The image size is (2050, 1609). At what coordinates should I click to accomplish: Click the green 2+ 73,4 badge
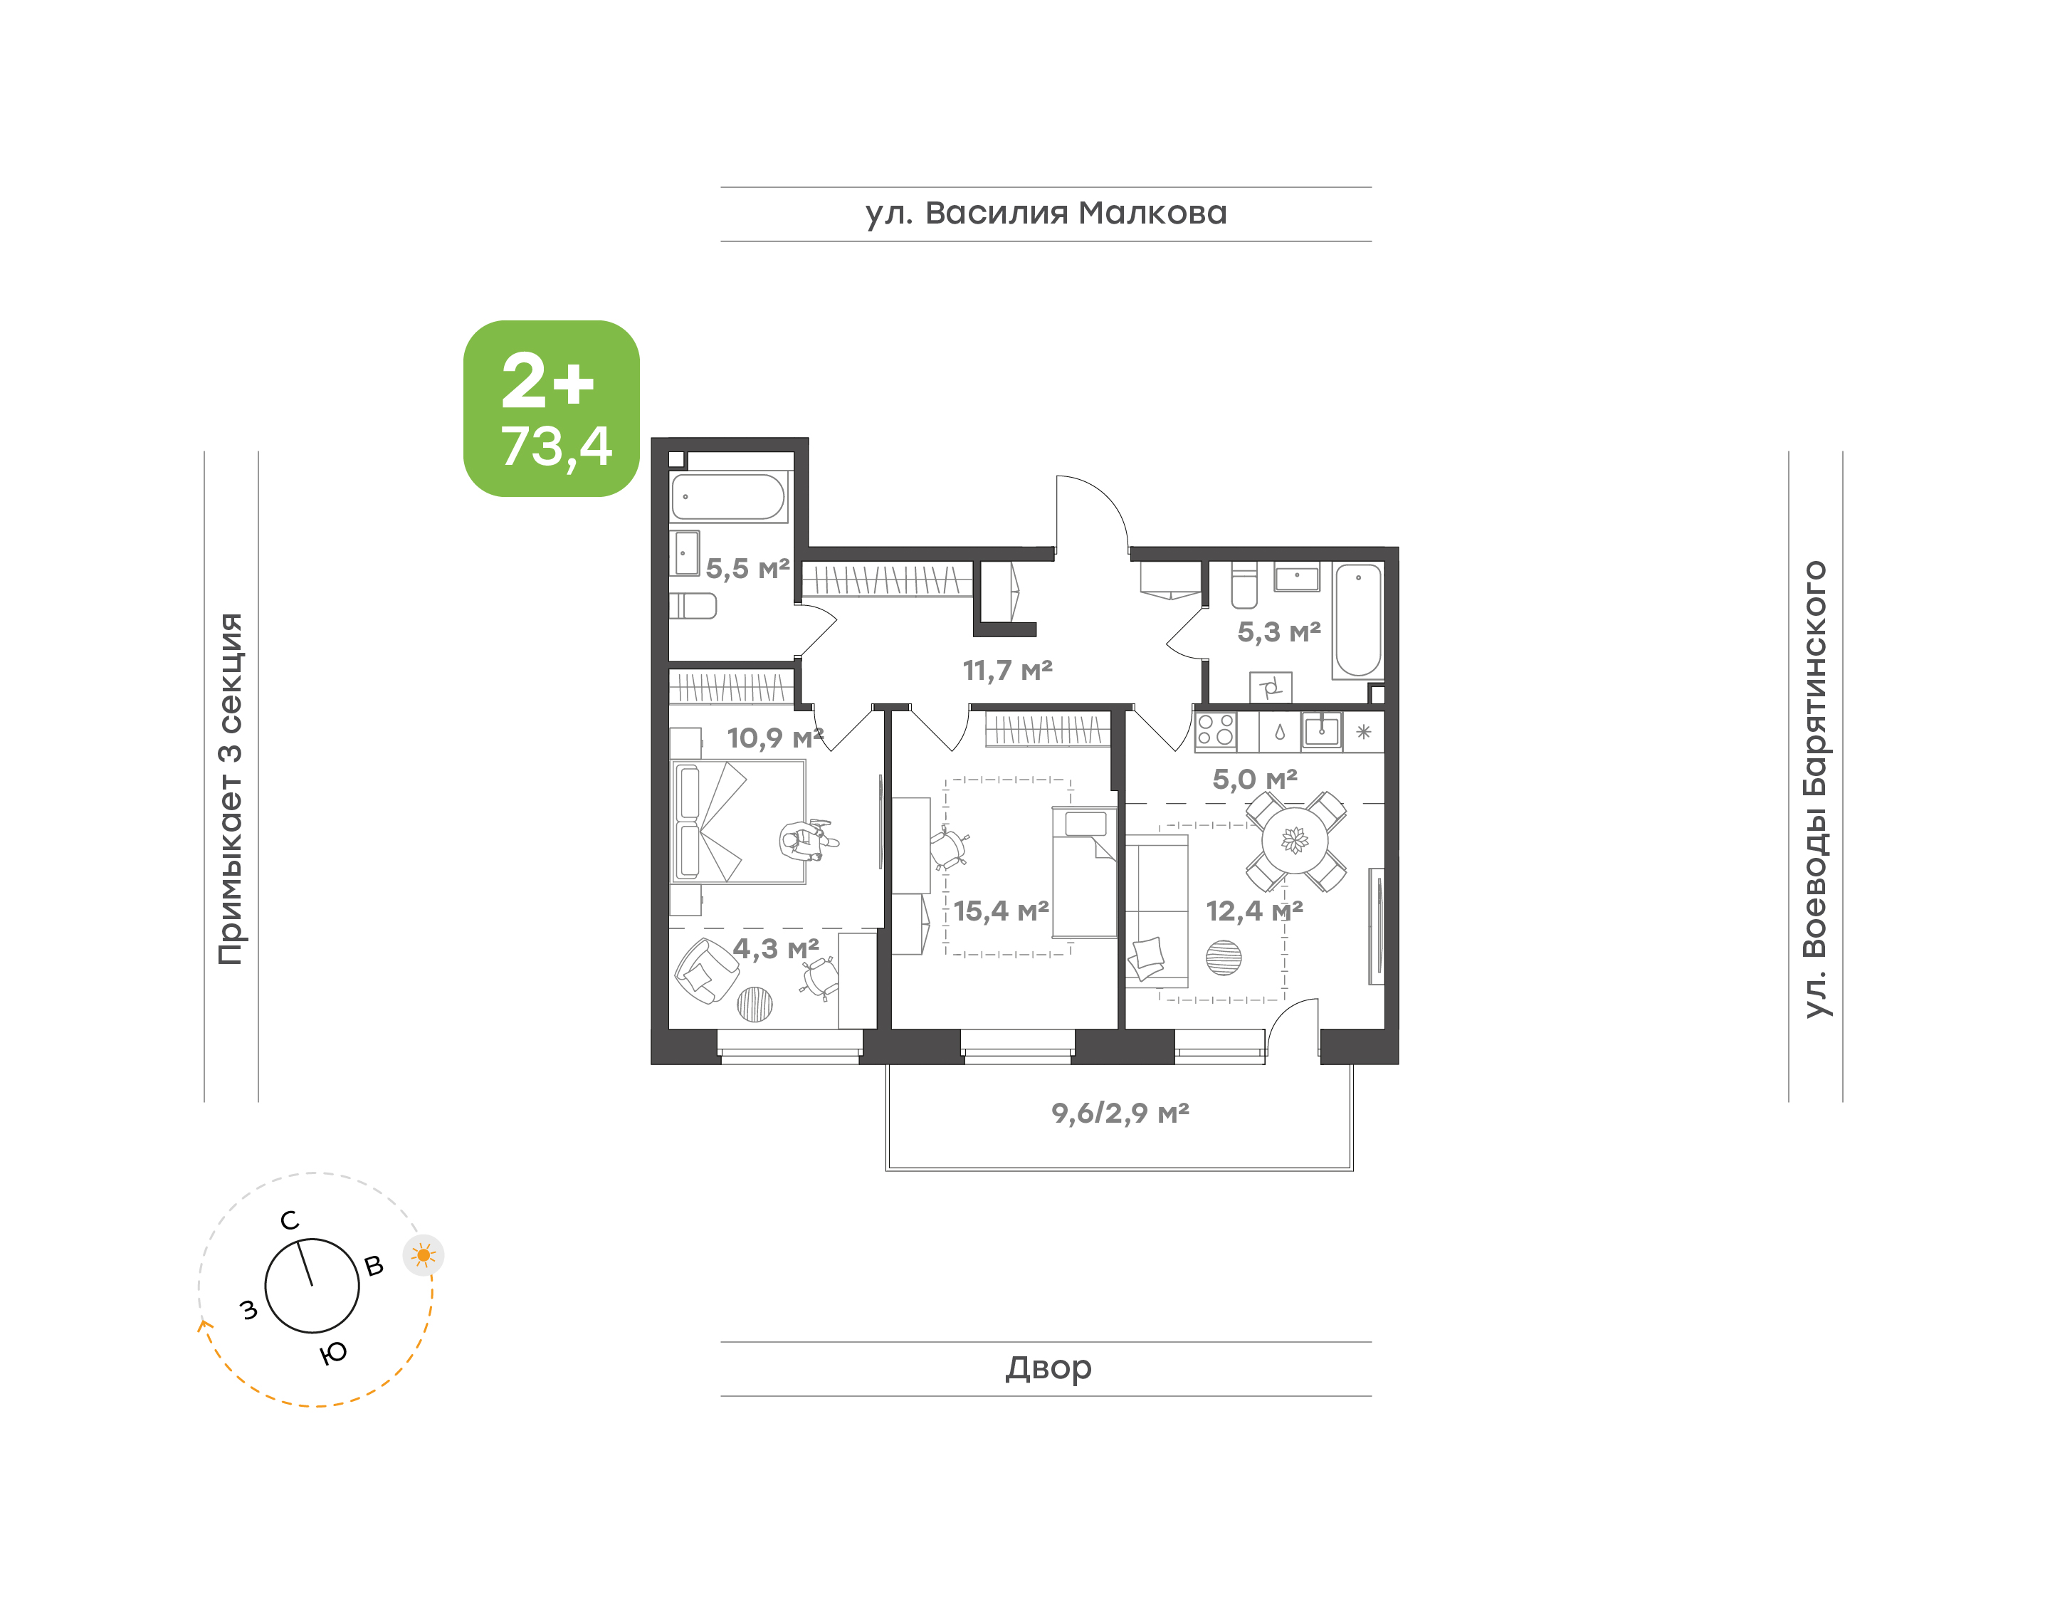[551, 408]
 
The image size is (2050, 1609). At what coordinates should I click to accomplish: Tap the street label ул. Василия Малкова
[1046, 214]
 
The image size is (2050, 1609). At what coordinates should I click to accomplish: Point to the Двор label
[1048, 1367]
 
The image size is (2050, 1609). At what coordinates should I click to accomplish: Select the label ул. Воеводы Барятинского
[1814, 790]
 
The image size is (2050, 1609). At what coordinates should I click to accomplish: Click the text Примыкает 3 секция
[230, 789]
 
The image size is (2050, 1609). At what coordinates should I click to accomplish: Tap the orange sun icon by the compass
[424, 1254]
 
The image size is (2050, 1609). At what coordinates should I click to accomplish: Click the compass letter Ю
[332, 1353]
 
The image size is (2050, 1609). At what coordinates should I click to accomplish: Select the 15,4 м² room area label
[1001, 911]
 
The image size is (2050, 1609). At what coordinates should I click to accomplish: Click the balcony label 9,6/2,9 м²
[1120, 1113]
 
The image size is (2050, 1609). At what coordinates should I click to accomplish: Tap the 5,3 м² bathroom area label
[1279, 632]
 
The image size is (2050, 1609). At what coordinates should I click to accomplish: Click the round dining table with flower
[1295, 840]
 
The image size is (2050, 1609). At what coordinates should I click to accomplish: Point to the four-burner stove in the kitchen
[1216, 731]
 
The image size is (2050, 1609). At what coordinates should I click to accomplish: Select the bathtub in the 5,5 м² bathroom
[728, 496]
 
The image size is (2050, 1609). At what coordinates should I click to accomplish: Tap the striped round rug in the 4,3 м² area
[755, 1005]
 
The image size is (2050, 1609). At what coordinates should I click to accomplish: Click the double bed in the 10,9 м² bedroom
[738, 822]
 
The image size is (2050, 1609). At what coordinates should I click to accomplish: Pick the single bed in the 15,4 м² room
[1085, 872]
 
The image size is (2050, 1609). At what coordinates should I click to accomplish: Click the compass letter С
[290, 1221]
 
